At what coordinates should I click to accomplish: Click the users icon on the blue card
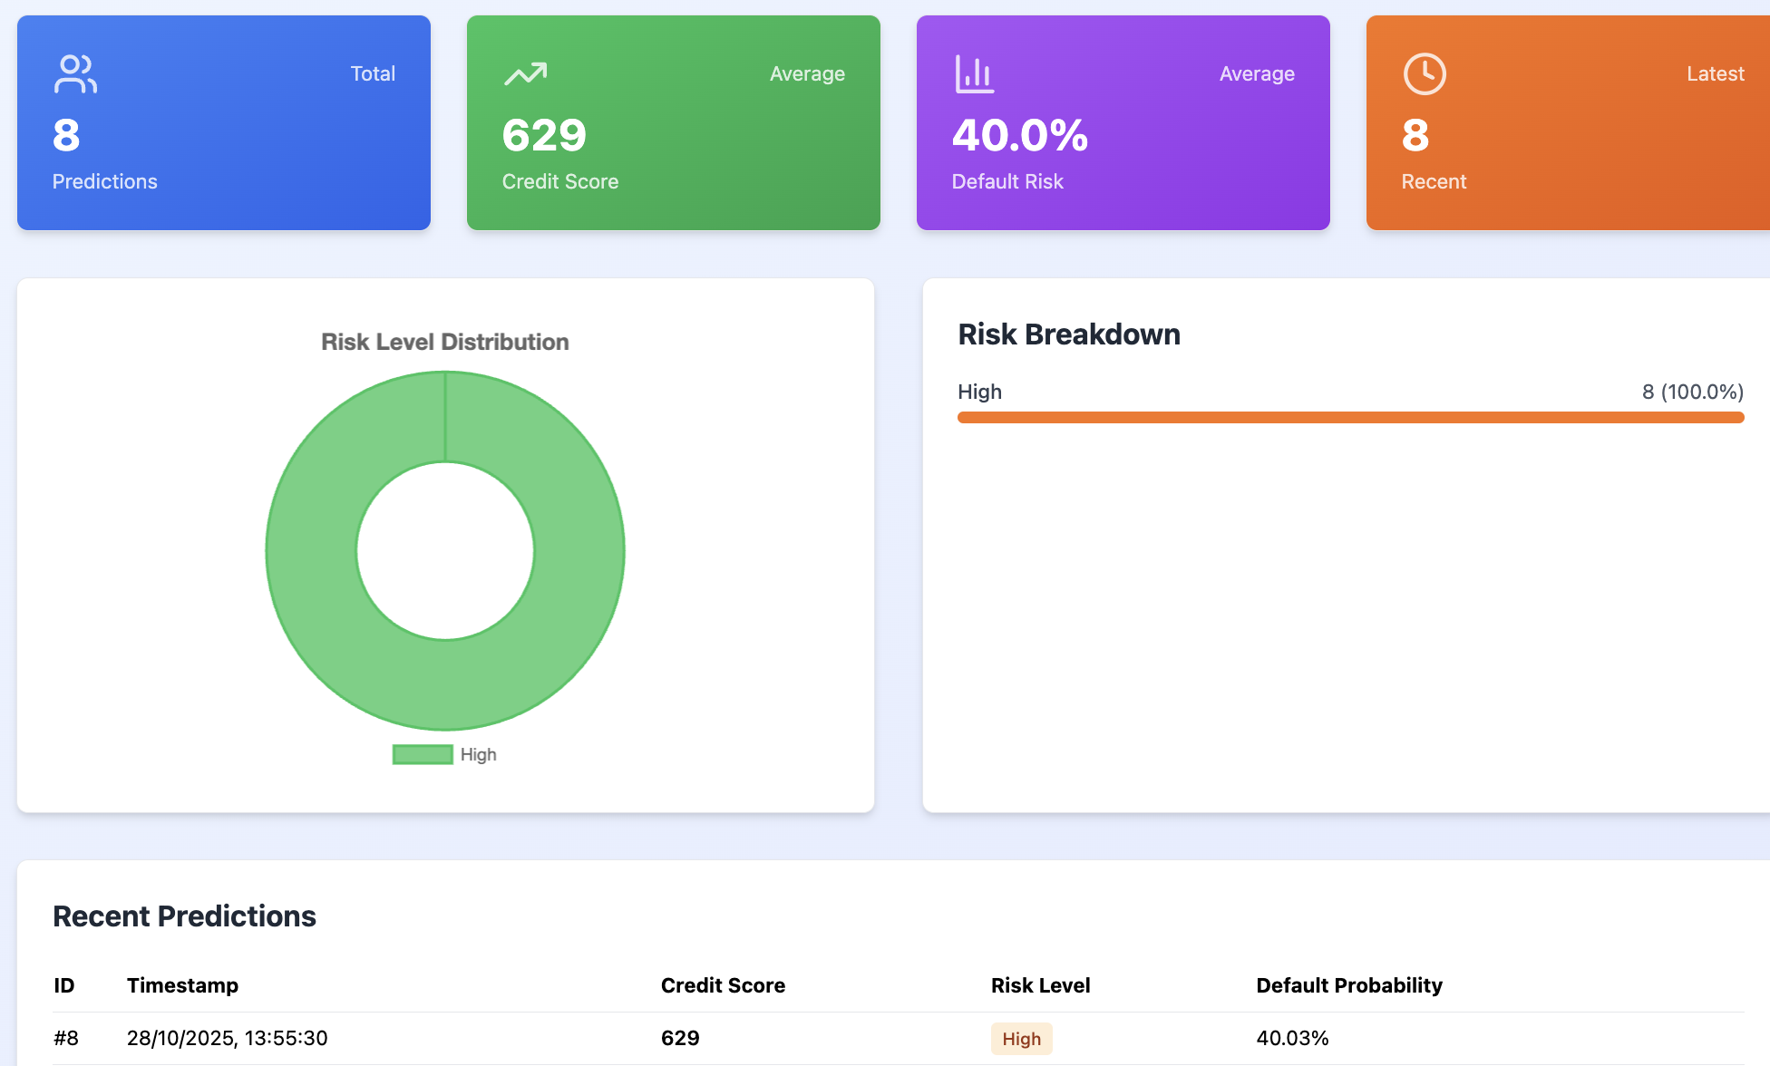tap(75, 74)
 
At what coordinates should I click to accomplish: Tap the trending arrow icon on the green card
tap(525, 74)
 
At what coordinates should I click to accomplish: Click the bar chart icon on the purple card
tap(974, 74)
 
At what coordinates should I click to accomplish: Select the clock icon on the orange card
tap(1425, 74)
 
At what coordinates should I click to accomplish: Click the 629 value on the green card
tap(544, 136)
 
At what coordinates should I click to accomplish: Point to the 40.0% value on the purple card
tap(1019, 136)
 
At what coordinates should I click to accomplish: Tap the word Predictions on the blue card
tap(104, 181)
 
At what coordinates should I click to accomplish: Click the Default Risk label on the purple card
tap(1007, 181)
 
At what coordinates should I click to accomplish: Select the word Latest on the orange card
tap(1715, 74)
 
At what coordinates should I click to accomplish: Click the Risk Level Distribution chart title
tap(444, 342)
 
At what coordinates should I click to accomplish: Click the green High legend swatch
tap(423, 754)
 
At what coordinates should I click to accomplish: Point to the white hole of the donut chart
tap(444, 550)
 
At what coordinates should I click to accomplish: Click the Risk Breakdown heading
tap(1068, 334)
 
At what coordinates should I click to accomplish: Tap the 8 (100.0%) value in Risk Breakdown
tap(1692, 392)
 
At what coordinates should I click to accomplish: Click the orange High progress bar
tap(1350, 417)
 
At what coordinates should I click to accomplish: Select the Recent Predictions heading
tap(184, 916)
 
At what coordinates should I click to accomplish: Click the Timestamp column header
tap(182, 985)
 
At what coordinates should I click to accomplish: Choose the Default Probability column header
tap(1348, 985)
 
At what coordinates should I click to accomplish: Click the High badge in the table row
tap(1021, 1039)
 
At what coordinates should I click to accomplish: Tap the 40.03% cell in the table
tap(1292, 1038)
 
